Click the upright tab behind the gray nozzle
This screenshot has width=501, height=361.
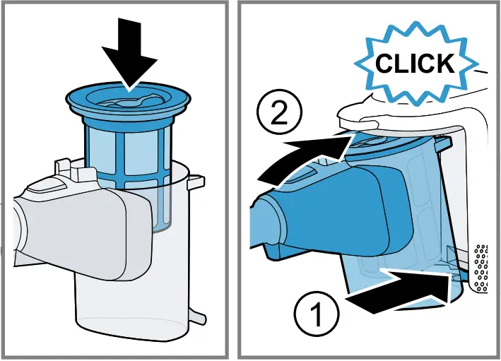point(63,167)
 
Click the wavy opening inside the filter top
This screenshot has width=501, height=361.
point(127,102)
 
